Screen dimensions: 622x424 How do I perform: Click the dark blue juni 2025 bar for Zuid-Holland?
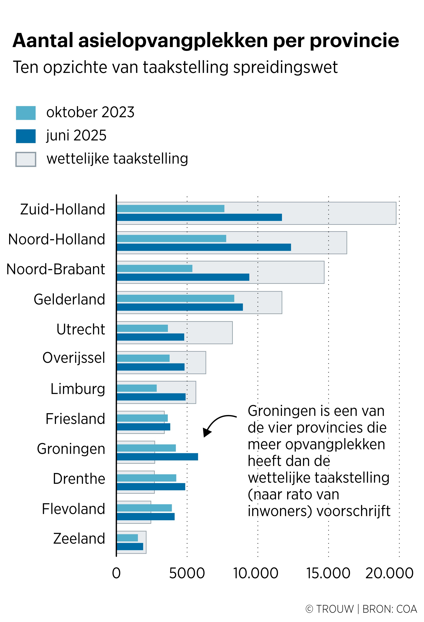coord(199,217)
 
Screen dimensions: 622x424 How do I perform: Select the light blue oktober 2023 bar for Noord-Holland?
coord(172,238)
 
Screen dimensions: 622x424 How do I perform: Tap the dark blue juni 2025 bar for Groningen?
coord(157,457)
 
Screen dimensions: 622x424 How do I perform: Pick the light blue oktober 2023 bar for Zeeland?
coord(127,538)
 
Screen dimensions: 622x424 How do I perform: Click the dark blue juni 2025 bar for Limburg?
coord(151,397)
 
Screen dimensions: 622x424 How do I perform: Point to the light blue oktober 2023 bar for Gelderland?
coord(176,298)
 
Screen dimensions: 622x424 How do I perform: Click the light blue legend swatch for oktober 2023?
coord(26,113)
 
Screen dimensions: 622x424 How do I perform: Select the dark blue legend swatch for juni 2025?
coord(26,136)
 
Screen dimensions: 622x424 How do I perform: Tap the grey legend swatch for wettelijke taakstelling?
coord(26,159)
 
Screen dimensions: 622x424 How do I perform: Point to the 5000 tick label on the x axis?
coord(187,573)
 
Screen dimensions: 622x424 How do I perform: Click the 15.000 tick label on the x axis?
coord(328,573)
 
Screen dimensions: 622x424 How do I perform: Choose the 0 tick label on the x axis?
coord(116,573)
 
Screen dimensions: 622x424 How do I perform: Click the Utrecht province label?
coord(81,329)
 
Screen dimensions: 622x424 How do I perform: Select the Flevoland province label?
coord(73,509)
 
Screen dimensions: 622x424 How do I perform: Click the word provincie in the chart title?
coord(354,41)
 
